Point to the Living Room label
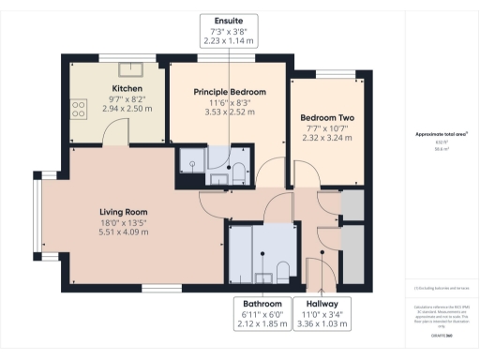click(125, 211)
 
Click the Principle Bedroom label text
click(230, 92)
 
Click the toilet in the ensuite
click(238, 171)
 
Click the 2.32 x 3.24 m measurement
click(325, 138)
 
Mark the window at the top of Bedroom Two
click(329, 73)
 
